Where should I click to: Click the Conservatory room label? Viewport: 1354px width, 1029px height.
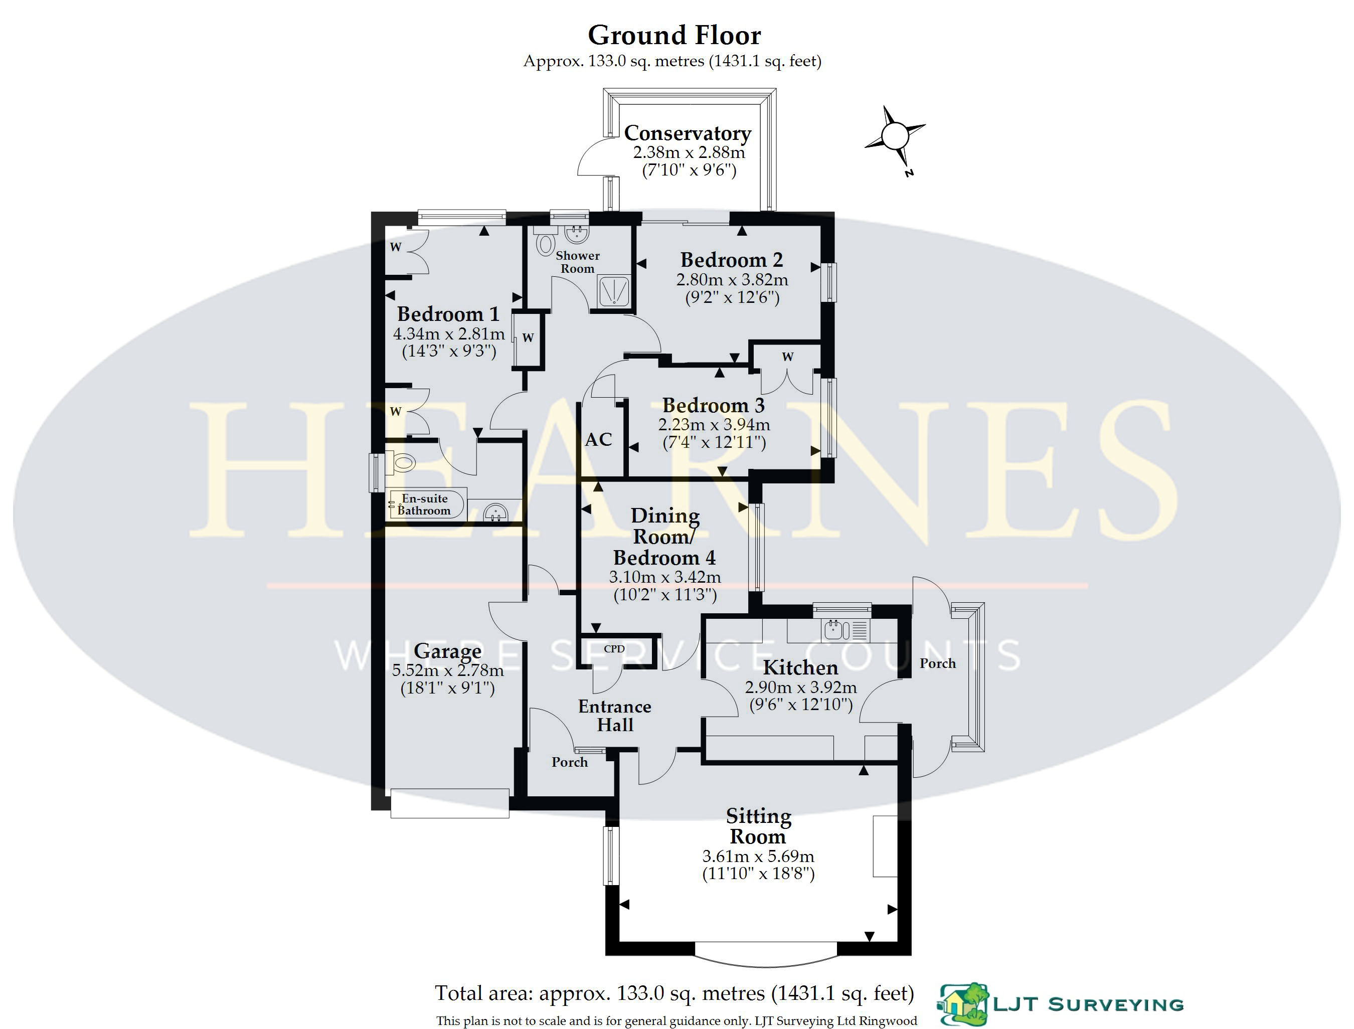687,133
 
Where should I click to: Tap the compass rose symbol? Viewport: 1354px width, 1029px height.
895,135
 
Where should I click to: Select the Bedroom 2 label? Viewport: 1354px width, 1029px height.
732,260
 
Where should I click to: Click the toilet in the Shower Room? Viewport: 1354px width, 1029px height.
543,241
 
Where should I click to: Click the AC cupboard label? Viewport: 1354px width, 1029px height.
598,439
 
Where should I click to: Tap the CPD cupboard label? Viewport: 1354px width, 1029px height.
614,648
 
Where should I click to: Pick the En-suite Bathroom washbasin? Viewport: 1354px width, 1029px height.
496,512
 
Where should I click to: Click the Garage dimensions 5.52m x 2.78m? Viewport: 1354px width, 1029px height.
448,670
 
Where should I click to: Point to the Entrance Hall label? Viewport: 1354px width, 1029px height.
615,716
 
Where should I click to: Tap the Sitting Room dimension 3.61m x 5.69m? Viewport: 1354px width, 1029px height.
758,856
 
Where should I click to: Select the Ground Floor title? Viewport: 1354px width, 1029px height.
674,35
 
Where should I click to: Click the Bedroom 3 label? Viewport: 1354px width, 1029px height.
714,405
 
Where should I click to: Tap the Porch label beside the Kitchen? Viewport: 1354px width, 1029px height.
938,663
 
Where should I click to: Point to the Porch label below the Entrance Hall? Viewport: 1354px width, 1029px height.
570,762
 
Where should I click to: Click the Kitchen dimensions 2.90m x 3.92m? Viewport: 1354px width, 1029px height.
801,687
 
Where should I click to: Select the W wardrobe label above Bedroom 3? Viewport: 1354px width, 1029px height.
787,357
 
